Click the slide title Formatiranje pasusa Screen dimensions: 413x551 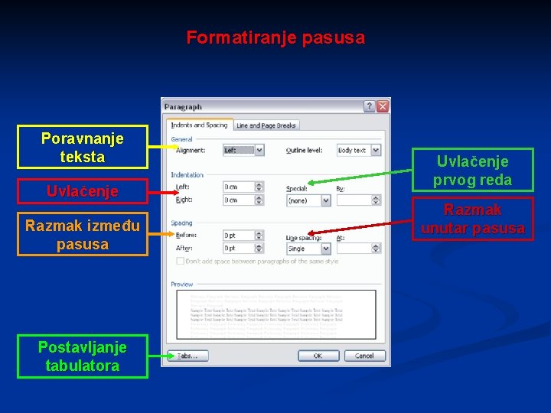(x=275, y=37)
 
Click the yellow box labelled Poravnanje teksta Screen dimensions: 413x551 (x=83, y=147)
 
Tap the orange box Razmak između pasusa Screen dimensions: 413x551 (x=83, y=235)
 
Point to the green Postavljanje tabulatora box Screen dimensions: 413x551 (x=83, y=356)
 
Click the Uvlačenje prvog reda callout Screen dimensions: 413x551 (x=472, y=171)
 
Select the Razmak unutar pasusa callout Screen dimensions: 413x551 (x=472, y=219)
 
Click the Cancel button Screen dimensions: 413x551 (x=364, y=356)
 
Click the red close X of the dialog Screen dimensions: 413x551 (x=382, y=106)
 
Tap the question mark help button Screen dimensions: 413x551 (x=369, y=106)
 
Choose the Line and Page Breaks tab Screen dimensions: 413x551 (x=266, y=125)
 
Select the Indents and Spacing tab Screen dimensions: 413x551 (x=199, y=125)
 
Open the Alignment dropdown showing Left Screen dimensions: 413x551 (x=243, y=151)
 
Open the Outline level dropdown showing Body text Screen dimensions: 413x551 (x=358, y=151)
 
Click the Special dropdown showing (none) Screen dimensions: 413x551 (x=308, y=200)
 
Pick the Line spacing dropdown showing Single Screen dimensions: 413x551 (x=308, y=249)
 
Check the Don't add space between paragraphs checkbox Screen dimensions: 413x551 (x=180, y=262)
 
